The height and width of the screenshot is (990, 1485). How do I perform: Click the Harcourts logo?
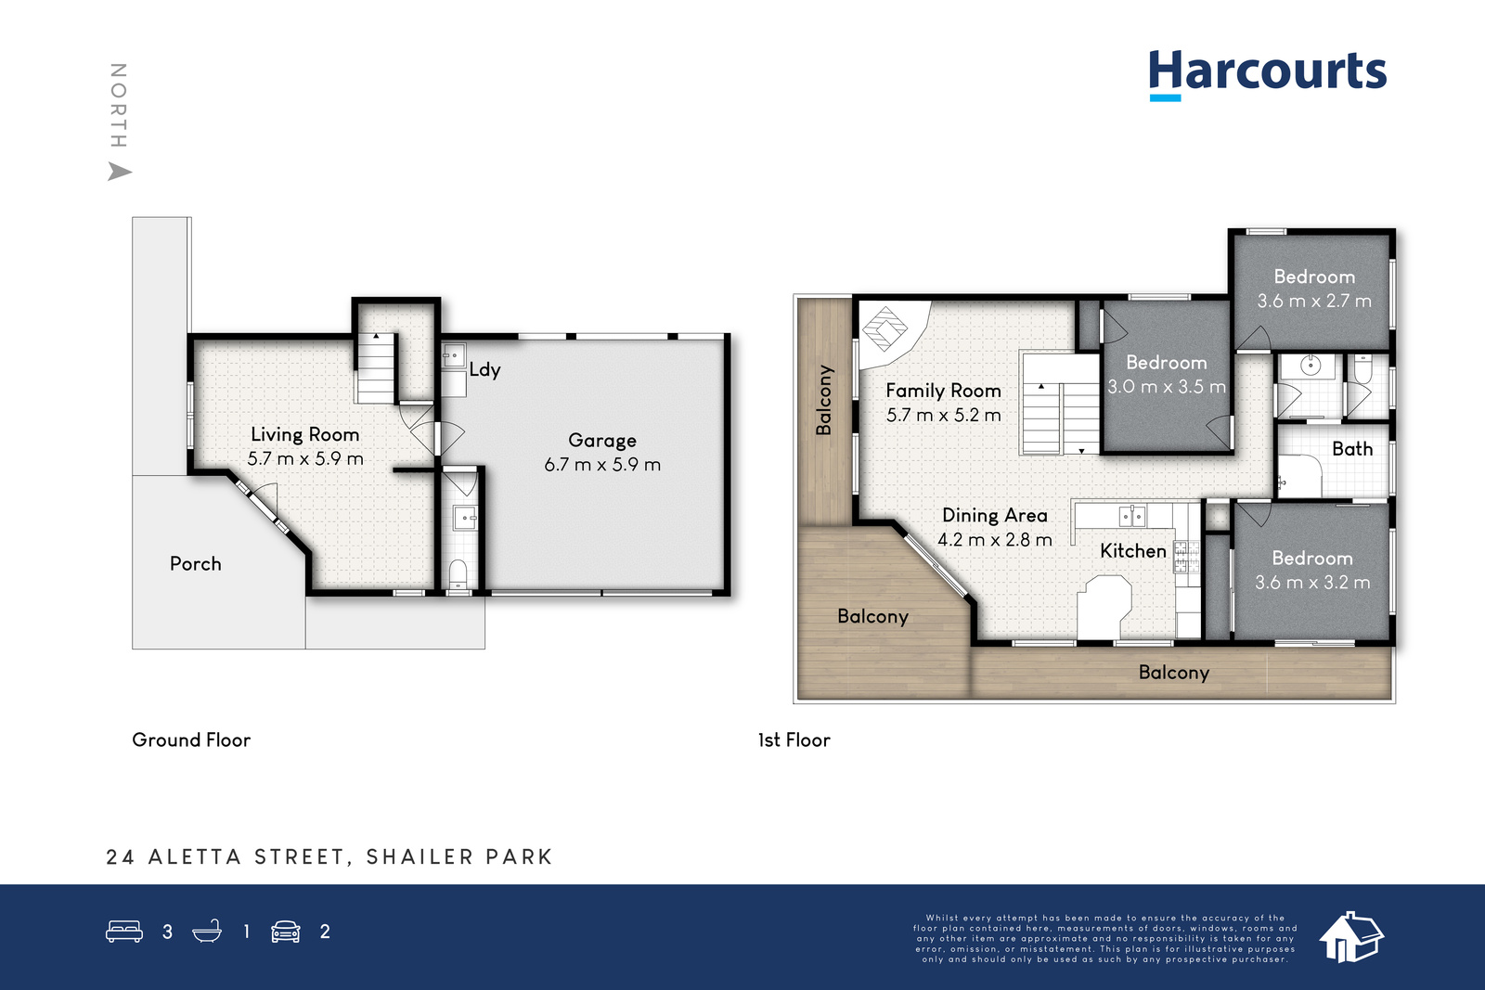pos(1268,74)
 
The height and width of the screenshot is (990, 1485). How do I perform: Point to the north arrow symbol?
pos(120,172)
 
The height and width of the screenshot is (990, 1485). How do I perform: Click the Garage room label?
pos(602,441)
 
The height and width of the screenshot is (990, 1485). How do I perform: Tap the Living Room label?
pos(305,435)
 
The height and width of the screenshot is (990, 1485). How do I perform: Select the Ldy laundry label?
pos(484,370)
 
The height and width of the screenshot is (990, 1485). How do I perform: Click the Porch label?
pos(196,564)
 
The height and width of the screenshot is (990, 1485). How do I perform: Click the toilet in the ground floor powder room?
pos(458,573)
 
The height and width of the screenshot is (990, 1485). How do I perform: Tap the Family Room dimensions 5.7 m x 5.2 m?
pos(943,416)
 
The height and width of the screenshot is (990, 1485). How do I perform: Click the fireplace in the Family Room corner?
pos(884,328)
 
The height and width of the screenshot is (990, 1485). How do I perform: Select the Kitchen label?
pos(1133,551)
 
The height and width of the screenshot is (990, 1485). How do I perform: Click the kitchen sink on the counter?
pos(1132,516)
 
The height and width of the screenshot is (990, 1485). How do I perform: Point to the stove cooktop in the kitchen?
pos(1187,557)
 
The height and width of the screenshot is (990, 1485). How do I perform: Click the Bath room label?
pos(1352,449)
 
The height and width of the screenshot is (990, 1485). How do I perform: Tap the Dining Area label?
pos(994,516)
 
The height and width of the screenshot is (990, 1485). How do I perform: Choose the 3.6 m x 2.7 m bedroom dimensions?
pos(1314,301)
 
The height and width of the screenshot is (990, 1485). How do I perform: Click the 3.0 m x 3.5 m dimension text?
pos(1167,386)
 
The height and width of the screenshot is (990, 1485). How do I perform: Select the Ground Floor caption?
pos(191,739)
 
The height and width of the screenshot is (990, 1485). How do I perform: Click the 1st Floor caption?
pos(794,739)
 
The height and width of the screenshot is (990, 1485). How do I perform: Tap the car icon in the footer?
pos(286,931)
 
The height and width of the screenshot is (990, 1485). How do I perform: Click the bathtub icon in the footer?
pos(207,931)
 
